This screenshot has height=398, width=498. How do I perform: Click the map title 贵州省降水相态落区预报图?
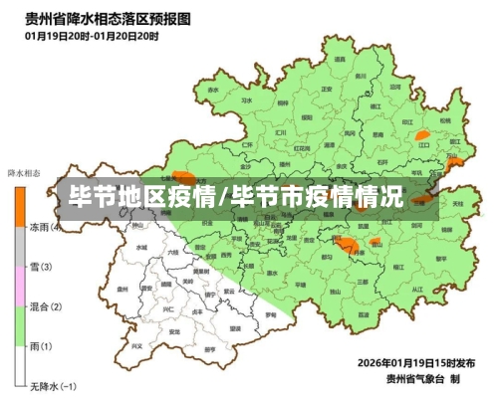[x=110, y=18]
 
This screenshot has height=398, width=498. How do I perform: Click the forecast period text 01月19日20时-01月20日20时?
[x=92, y=35]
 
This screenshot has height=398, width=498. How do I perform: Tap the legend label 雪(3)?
[x=42, y=267]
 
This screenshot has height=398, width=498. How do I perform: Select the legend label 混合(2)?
[x=46, y=306]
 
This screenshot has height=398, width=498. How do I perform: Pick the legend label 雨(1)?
[x=42, y=345]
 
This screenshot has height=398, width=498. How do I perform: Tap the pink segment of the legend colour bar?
[x=19, y=286]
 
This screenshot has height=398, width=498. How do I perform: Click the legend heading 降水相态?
[x=25, y=173]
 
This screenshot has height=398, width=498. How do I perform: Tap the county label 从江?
[x=418, y=290]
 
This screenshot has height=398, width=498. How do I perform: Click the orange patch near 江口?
[x=422, y=134]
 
